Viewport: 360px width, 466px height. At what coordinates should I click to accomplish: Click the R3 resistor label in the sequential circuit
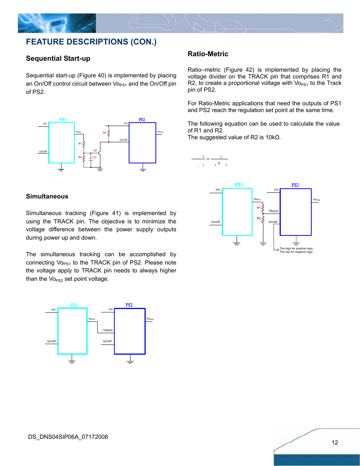tap(105, 133)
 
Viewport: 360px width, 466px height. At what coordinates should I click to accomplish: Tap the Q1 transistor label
tap(95, 151)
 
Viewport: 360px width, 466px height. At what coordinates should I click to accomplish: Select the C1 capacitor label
tap(95, 157)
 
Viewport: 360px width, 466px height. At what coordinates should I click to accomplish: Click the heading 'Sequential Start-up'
tap(58, 58)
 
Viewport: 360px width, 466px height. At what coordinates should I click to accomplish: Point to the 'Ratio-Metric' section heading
tap(208, 54)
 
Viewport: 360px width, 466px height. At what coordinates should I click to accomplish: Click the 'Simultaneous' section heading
tap(47, 196)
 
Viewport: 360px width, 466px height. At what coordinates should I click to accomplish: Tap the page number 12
tap(335, 443)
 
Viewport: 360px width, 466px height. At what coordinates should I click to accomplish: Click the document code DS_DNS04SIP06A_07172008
tap(68, 437)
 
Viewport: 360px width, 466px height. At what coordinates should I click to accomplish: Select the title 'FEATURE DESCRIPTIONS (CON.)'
tap(91, 42)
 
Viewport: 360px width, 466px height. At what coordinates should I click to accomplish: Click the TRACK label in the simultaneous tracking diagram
tap(108, 331)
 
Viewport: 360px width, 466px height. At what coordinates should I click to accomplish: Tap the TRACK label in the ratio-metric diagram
tap(273, 211)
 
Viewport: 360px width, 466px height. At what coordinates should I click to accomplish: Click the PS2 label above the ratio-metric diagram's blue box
tap(295, 185)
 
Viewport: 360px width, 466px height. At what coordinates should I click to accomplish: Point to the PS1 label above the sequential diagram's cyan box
tap(63, 120)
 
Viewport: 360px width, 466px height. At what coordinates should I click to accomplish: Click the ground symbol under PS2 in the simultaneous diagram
tap(130, 361)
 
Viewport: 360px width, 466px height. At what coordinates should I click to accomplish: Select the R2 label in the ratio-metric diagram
tap(259, 218)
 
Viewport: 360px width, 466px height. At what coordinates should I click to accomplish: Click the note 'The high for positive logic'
tap(296, 249)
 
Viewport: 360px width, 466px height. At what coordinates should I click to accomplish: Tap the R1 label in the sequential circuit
tap(80, 144)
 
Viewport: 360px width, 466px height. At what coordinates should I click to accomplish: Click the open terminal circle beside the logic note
tap(278, 250)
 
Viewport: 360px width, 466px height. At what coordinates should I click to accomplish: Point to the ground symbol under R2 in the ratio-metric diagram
tap(263, 244)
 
